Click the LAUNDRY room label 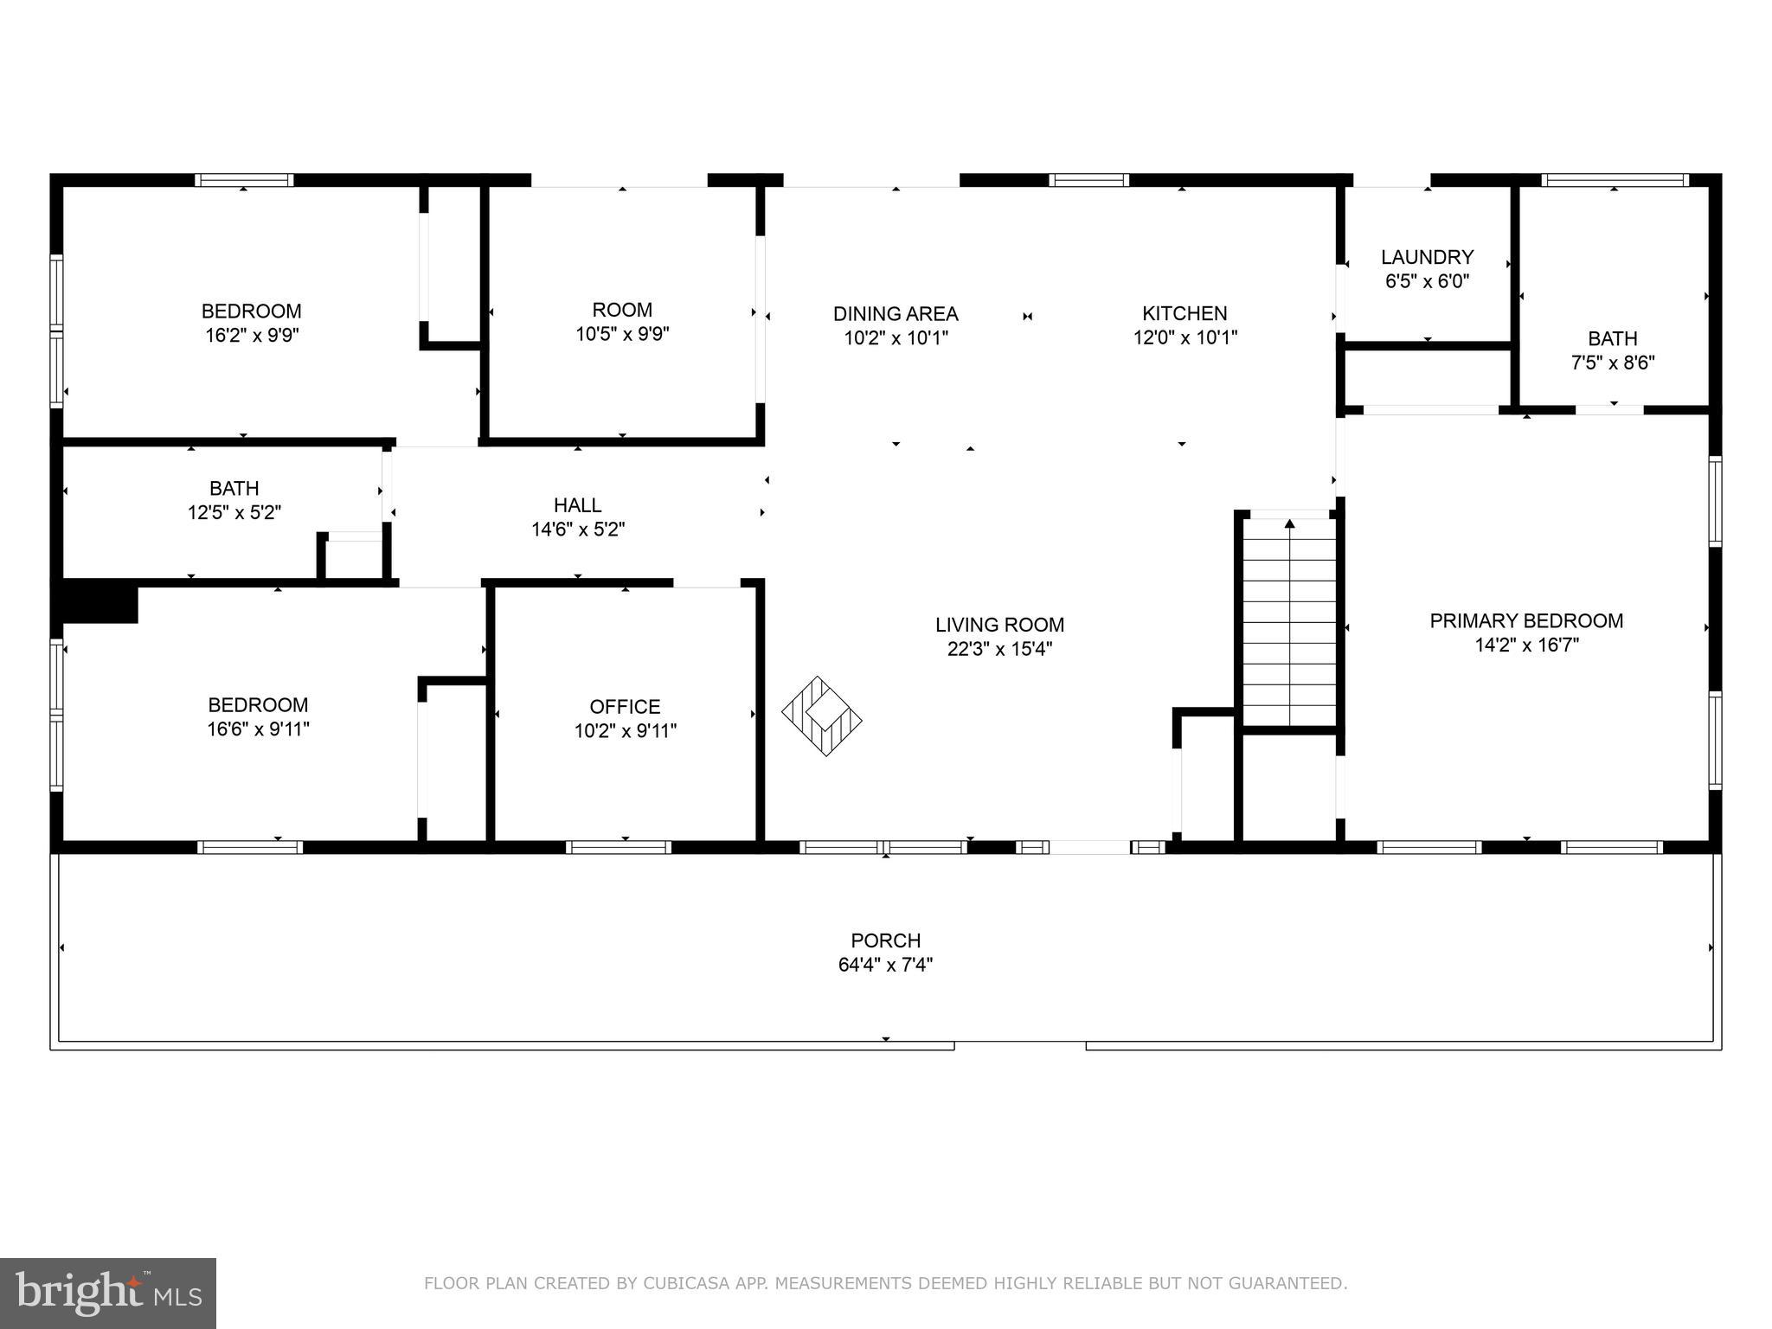(x=1427, y=257)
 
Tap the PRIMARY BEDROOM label (x=1526, y=620)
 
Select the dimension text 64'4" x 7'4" (x=885, y=964)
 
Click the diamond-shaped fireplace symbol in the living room (x=822, y=716)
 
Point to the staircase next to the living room (x=1289, y=623)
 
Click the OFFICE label (x=625, y=706)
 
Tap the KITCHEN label (x=1185, y=313)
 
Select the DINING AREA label (x=896, y=313)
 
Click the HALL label (x=577, y=504)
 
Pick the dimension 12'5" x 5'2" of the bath (x=234, y=512)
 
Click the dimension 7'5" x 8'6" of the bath (x=1613, y=363)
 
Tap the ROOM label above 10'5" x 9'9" (x=622, y=310)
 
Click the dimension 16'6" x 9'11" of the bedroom (x=258, y=729)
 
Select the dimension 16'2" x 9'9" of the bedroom (x=252, y=335)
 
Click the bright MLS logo (x=107, y=1293)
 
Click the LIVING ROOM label (x=999, y=625)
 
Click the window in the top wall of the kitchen (x=1088, y=180)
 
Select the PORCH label (x=885, y=941)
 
